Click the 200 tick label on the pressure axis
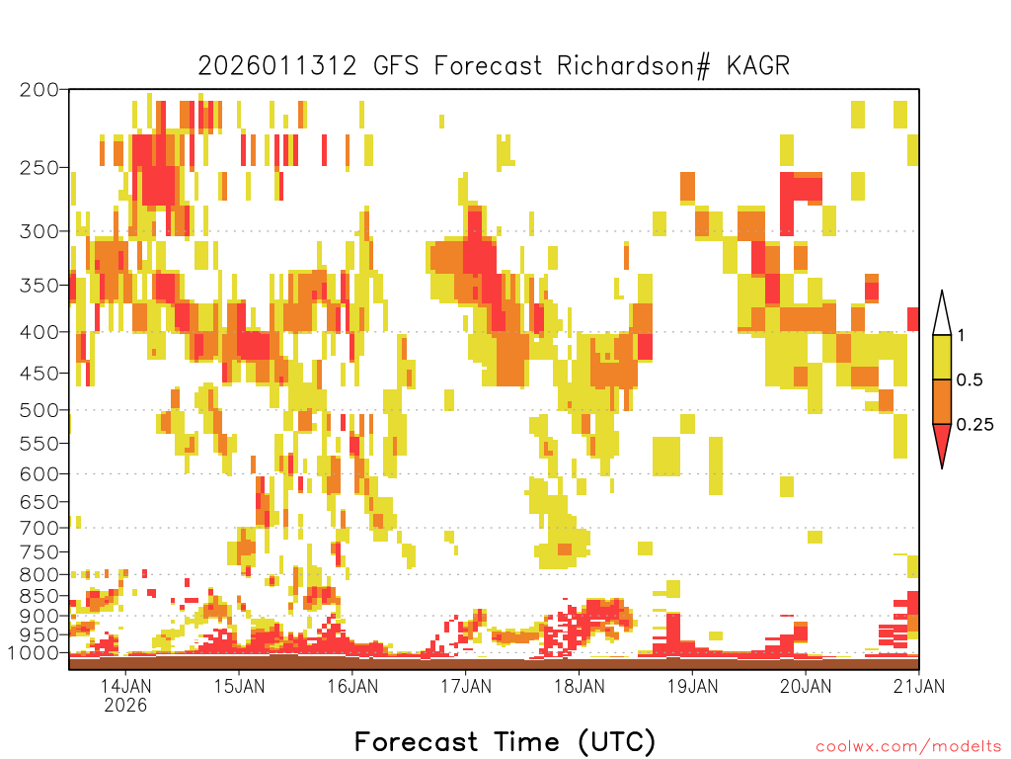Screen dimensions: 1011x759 pos(39,90)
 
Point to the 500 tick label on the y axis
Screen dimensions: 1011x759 pos(39,410)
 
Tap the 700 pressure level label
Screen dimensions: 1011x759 pos(39,528)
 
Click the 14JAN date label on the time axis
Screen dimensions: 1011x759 pos(125,686)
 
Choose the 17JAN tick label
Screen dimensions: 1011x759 pos(466,686)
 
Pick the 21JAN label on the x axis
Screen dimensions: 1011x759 pos(919,686)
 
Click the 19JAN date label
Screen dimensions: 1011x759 pos(692,686)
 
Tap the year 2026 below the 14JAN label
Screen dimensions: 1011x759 pos(125,705)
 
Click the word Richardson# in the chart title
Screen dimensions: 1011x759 pos(634,66)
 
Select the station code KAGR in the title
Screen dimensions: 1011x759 pos(758,66)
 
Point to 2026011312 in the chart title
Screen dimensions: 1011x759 pos(277,66)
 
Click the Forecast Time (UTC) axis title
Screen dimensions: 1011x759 pos(505,742)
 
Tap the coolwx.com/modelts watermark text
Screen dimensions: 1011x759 pos(908,747)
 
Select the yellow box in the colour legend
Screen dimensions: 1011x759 pos(942,357)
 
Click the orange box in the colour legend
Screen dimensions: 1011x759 pos(942,401)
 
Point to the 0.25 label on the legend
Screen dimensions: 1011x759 pos(974,425)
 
